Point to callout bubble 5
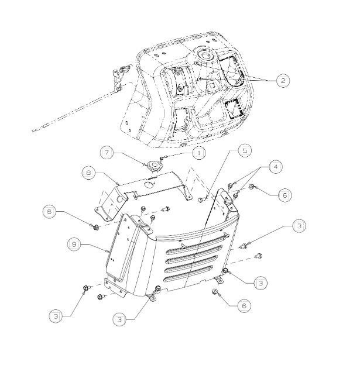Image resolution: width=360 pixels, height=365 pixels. click(245, 150)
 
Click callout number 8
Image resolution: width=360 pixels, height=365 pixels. click(87, 174)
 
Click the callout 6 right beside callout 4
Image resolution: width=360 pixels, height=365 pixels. click(283, 195)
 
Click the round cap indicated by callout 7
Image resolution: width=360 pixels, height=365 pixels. click(154, 167)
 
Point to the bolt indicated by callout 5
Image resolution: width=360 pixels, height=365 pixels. click(202, 200)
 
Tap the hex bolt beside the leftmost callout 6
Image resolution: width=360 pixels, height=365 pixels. click(93, 226)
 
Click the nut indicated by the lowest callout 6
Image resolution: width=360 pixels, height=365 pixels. click(215, 292)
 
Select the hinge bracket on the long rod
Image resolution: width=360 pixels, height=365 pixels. click(121, 77)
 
